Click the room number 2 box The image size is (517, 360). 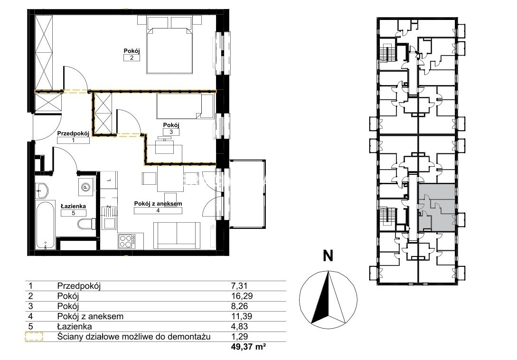pos(132,58)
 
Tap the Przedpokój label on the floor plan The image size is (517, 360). pos(73,133)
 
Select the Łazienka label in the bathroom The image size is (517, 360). pos(73,206)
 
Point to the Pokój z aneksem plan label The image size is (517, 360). pos(158,204)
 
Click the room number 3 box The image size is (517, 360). pos(171,132)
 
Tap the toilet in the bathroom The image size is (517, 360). pos(87,224)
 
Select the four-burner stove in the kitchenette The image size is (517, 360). pos(127,240)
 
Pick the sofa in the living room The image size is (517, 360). pos(177,235)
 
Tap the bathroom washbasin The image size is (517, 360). pos(42,190)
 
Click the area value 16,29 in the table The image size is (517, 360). pos(242,296)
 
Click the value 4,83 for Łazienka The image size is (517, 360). pos(239,326)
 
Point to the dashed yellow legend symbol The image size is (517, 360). pos(34,337)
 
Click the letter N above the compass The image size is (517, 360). pos(328,256)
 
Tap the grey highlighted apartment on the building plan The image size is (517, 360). pos(437,207)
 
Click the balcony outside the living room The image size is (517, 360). pos(248,194)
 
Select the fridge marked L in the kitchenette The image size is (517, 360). pos(108,180)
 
